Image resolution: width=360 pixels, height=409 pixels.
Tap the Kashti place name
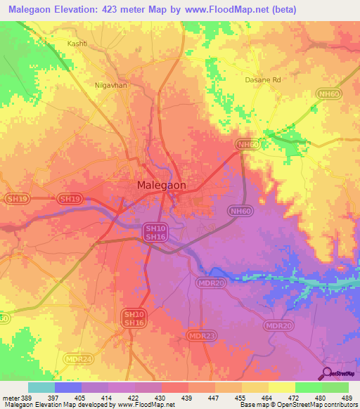tap(77, 43)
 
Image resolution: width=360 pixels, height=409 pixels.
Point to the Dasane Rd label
tap(263, 81)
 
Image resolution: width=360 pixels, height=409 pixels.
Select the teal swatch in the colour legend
tap(41, 387)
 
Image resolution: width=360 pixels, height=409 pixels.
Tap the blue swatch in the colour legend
tap(68, 387)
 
